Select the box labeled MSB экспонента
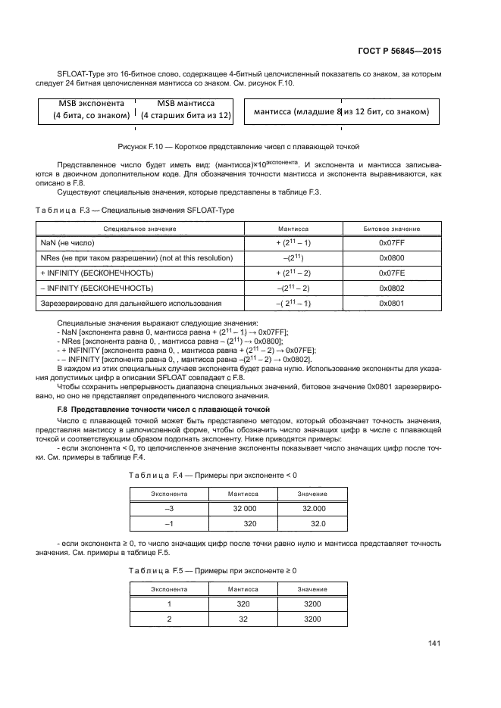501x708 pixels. [86, 109]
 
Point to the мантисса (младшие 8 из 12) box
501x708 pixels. [341, 112]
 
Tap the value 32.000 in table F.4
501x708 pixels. [313, 509]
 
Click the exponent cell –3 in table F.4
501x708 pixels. [169, 509]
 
